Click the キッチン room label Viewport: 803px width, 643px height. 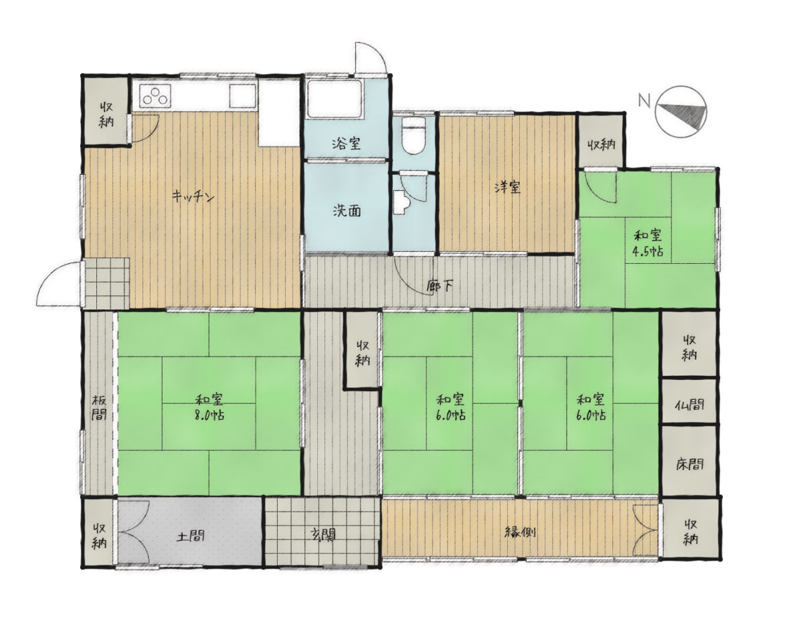pyautogui.click(x=193, y=196)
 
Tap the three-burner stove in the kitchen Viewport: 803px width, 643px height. pyautogui.click(x=155, y=95)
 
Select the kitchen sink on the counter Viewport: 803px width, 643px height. pyautogui.click(x=242, y=95)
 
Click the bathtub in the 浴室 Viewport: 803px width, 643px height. pyautogui.click(x=335, y=99)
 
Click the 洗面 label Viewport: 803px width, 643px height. pyautogui.click(x=347, y=211)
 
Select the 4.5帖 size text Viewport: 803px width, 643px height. pyautogui.click(x=647, y=251)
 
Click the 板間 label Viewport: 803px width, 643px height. pyautogui.click(x=99, y=408)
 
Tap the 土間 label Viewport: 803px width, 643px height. pyautogui.click(x=190, y=537)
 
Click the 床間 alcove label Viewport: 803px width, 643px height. pyautogui.click(x=689, y=464)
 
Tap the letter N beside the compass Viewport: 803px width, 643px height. pyautogui.click(x=644, y=100)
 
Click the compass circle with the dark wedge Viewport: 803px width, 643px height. pyautogui.click(x=681, y=111)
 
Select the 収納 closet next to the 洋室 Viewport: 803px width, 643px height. pyautogui.click(x=601, y=141)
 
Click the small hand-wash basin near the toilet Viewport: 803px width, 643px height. pyautogui.click(x=401, y=202)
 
